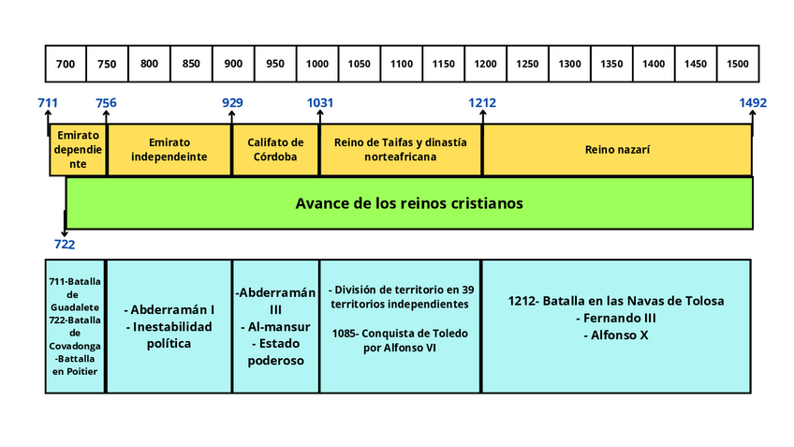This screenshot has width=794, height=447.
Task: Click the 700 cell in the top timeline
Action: [66, 64]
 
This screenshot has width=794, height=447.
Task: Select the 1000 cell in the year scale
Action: [317, 64]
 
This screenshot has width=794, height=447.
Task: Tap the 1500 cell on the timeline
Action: [738, 64]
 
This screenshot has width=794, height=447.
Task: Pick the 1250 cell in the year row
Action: [527, 64]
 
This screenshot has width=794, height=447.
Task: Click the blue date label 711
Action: [48, 103]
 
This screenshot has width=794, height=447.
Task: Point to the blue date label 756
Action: [106, 103]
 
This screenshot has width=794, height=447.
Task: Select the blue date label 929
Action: [232, 103]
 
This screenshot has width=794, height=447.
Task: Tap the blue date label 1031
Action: [319, 103]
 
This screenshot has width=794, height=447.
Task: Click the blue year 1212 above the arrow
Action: [483, 103]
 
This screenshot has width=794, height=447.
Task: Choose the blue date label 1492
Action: [752, 103]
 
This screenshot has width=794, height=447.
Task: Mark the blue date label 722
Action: [64, 244]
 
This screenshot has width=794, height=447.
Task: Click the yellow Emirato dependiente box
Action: [78, 149]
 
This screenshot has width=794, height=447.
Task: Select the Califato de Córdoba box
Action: [275, 149]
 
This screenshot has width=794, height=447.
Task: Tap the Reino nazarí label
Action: [617, 149]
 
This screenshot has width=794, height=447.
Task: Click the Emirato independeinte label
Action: [169, 149]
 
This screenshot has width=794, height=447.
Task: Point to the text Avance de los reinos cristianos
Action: [408, 202]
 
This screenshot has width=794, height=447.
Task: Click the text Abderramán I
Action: [169, 309]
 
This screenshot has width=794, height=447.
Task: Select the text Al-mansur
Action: [275, 327]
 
